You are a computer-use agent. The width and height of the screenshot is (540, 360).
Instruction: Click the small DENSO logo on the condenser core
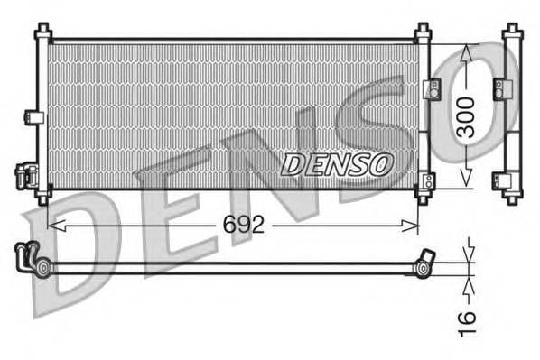(x=339, y=163)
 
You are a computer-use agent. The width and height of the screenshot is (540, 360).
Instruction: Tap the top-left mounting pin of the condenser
(x=42, y=32)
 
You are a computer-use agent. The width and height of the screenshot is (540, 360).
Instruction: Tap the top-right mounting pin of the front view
(x=424, y=32)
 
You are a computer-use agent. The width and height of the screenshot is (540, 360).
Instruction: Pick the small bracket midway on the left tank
(x=33, y=116)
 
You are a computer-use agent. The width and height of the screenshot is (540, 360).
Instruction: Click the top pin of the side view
(x=512, y=32)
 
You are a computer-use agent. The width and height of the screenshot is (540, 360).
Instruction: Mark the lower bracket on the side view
(x=498, y=178)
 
